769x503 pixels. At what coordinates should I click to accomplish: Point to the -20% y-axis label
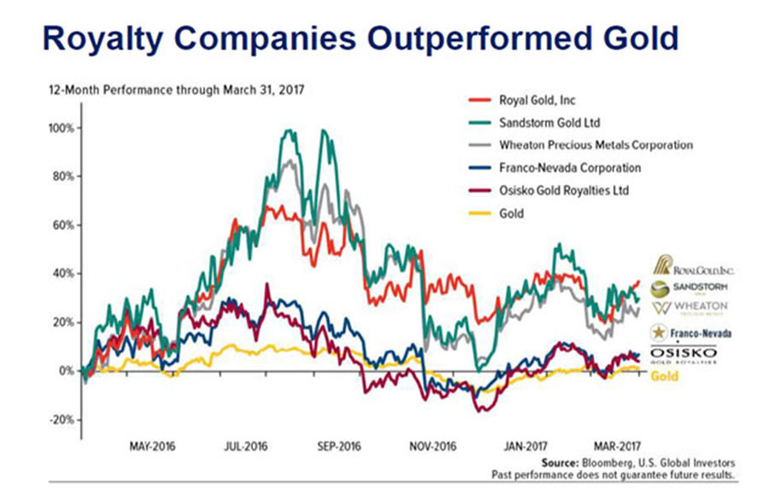tap(60, 420)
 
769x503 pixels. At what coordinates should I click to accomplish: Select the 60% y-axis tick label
tap(61, 226)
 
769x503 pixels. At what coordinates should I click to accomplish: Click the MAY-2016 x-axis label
tap(153, 447)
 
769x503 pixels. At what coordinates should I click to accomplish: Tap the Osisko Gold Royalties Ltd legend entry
tap(563, 190)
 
